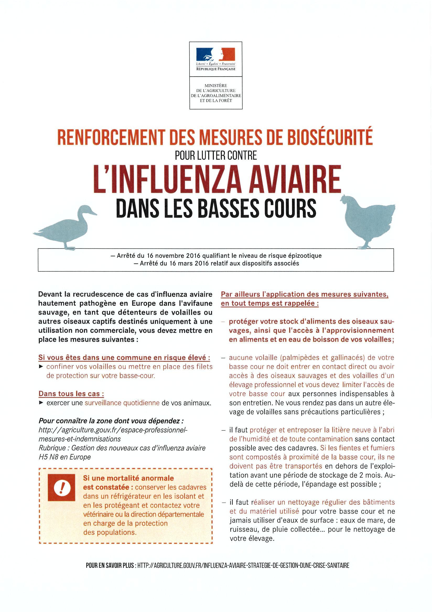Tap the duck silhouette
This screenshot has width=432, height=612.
coord(67,227)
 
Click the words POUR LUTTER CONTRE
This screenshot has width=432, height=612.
coord(216,156)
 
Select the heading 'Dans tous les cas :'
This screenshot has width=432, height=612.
coord(71,394)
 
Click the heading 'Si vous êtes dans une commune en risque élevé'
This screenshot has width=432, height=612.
coord(124,357)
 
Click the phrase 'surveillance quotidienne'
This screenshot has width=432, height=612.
coord(122,403)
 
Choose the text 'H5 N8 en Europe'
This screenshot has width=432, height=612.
coord(65,457)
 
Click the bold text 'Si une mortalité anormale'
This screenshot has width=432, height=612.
coord(128,478)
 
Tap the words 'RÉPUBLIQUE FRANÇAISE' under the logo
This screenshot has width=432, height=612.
coord(216,69)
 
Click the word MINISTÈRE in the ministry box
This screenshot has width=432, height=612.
coord(216,86)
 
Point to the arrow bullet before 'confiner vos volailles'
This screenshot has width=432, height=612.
coord(41,367)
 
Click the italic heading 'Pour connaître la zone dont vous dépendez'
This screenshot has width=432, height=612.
coord(111,421)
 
